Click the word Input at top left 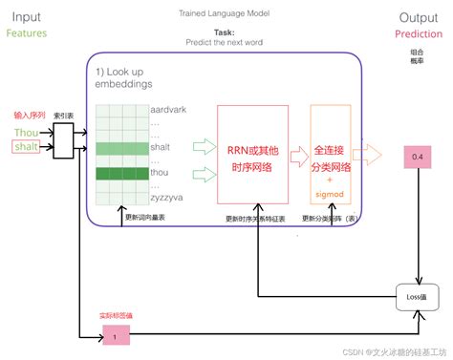pos(26,16)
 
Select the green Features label pos(28,33)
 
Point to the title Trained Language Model pos(225,13)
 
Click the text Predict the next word pos(225,43)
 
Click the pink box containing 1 pos(115,335)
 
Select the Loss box pos(417,301)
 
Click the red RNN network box pos(251,154)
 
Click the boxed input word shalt pos(26,146)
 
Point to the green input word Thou pos(26,132)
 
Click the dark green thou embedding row pos(121,173)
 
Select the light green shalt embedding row pos(121,148)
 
